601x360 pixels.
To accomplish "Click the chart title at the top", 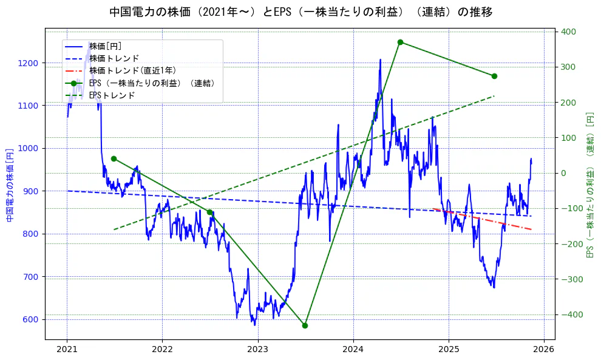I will coord(300,12).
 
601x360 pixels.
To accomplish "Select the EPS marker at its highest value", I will coord(400,42).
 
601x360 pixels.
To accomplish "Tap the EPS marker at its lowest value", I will coord(305,325).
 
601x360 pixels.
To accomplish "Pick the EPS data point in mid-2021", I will coord(114,158).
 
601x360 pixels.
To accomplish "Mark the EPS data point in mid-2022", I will coord(209,212).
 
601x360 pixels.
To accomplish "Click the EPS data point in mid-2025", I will coord(494,76).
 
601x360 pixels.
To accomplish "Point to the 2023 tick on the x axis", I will coord(258,350).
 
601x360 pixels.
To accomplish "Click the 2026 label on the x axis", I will coord(544,350).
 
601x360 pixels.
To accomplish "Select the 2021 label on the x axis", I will coord(67,350).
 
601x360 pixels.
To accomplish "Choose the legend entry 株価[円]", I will coord(105,46).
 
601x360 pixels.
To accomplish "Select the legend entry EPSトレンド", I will coord(112,95).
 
